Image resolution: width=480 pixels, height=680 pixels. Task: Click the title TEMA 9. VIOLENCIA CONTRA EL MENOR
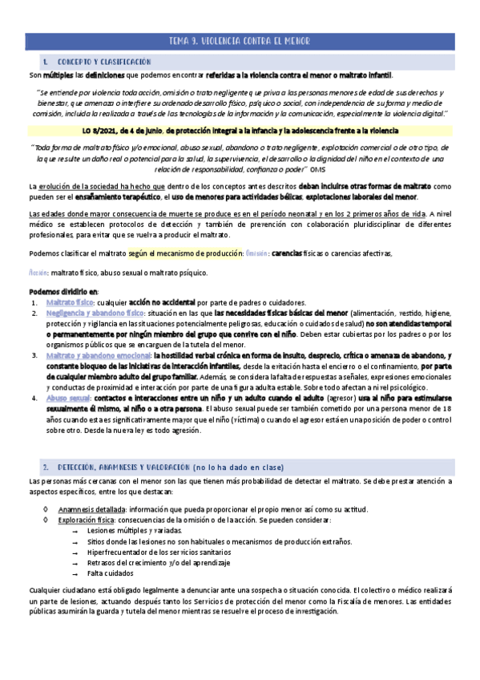240,41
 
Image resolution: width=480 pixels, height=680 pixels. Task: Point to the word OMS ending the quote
317,169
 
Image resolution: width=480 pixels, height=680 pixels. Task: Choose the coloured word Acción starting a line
38,272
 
